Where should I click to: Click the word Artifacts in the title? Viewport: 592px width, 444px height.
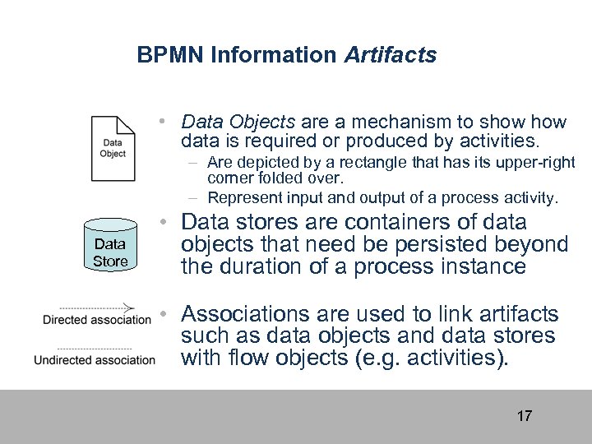(x=391, y=55)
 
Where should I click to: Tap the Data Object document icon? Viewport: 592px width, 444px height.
(x=113, y=148)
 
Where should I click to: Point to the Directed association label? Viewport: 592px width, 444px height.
(x=97, y=320)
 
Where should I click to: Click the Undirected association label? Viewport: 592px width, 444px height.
(x=95, y=359)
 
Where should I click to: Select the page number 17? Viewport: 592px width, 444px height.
(x=524, y=415)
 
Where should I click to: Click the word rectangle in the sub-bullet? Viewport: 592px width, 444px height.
(x=372, y=163)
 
